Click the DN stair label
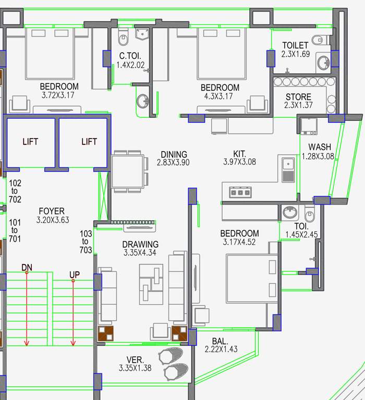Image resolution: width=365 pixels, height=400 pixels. [x=27, y=268]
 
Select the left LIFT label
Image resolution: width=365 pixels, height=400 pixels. [x=30, y=142]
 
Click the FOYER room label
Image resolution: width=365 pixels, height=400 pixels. [x=52, y=211]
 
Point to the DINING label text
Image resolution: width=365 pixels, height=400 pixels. [x=174, y=155]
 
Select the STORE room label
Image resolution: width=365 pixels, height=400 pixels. [x=298, y=97]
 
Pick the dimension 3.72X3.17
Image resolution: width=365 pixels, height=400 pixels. [x=59, y=96]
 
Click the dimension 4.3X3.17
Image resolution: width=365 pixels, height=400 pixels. [x=220, y=96]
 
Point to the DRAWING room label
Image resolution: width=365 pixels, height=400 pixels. [x=140, y=244]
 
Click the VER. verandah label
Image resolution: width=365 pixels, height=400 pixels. [x=135, y=360]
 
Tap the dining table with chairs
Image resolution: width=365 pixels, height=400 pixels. [x=128, y=171]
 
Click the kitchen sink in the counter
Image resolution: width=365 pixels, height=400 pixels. [x=287, y=169]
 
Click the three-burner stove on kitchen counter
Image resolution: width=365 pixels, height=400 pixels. [x=240, y=192]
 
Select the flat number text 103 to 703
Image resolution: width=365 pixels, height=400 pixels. [x=86, y=242]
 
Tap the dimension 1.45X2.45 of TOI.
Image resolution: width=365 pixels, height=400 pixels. [x=301, y=235]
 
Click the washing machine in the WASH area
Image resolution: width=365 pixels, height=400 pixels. [x=309, y=126]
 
